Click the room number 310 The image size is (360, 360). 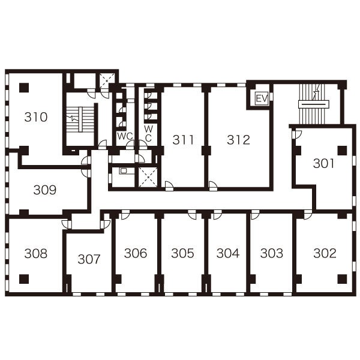36,117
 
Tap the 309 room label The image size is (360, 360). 45,190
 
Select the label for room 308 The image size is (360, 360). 36,253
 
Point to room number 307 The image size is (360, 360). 89,259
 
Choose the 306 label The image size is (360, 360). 136,253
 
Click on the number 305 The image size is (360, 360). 182,253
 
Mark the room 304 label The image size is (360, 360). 228,253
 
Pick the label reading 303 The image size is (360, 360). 272,253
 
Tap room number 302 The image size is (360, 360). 325,253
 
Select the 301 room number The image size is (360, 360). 323,163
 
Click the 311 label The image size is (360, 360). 183,140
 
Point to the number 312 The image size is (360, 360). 238,140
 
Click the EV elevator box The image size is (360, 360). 262,99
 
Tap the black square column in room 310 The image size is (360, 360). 24,88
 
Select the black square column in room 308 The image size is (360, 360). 24,279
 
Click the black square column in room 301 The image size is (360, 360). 342,151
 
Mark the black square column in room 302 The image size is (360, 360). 342,279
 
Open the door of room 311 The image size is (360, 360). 169,185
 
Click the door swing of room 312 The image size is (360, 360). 213,185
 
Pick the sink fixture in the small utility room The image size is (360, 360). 123,171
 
